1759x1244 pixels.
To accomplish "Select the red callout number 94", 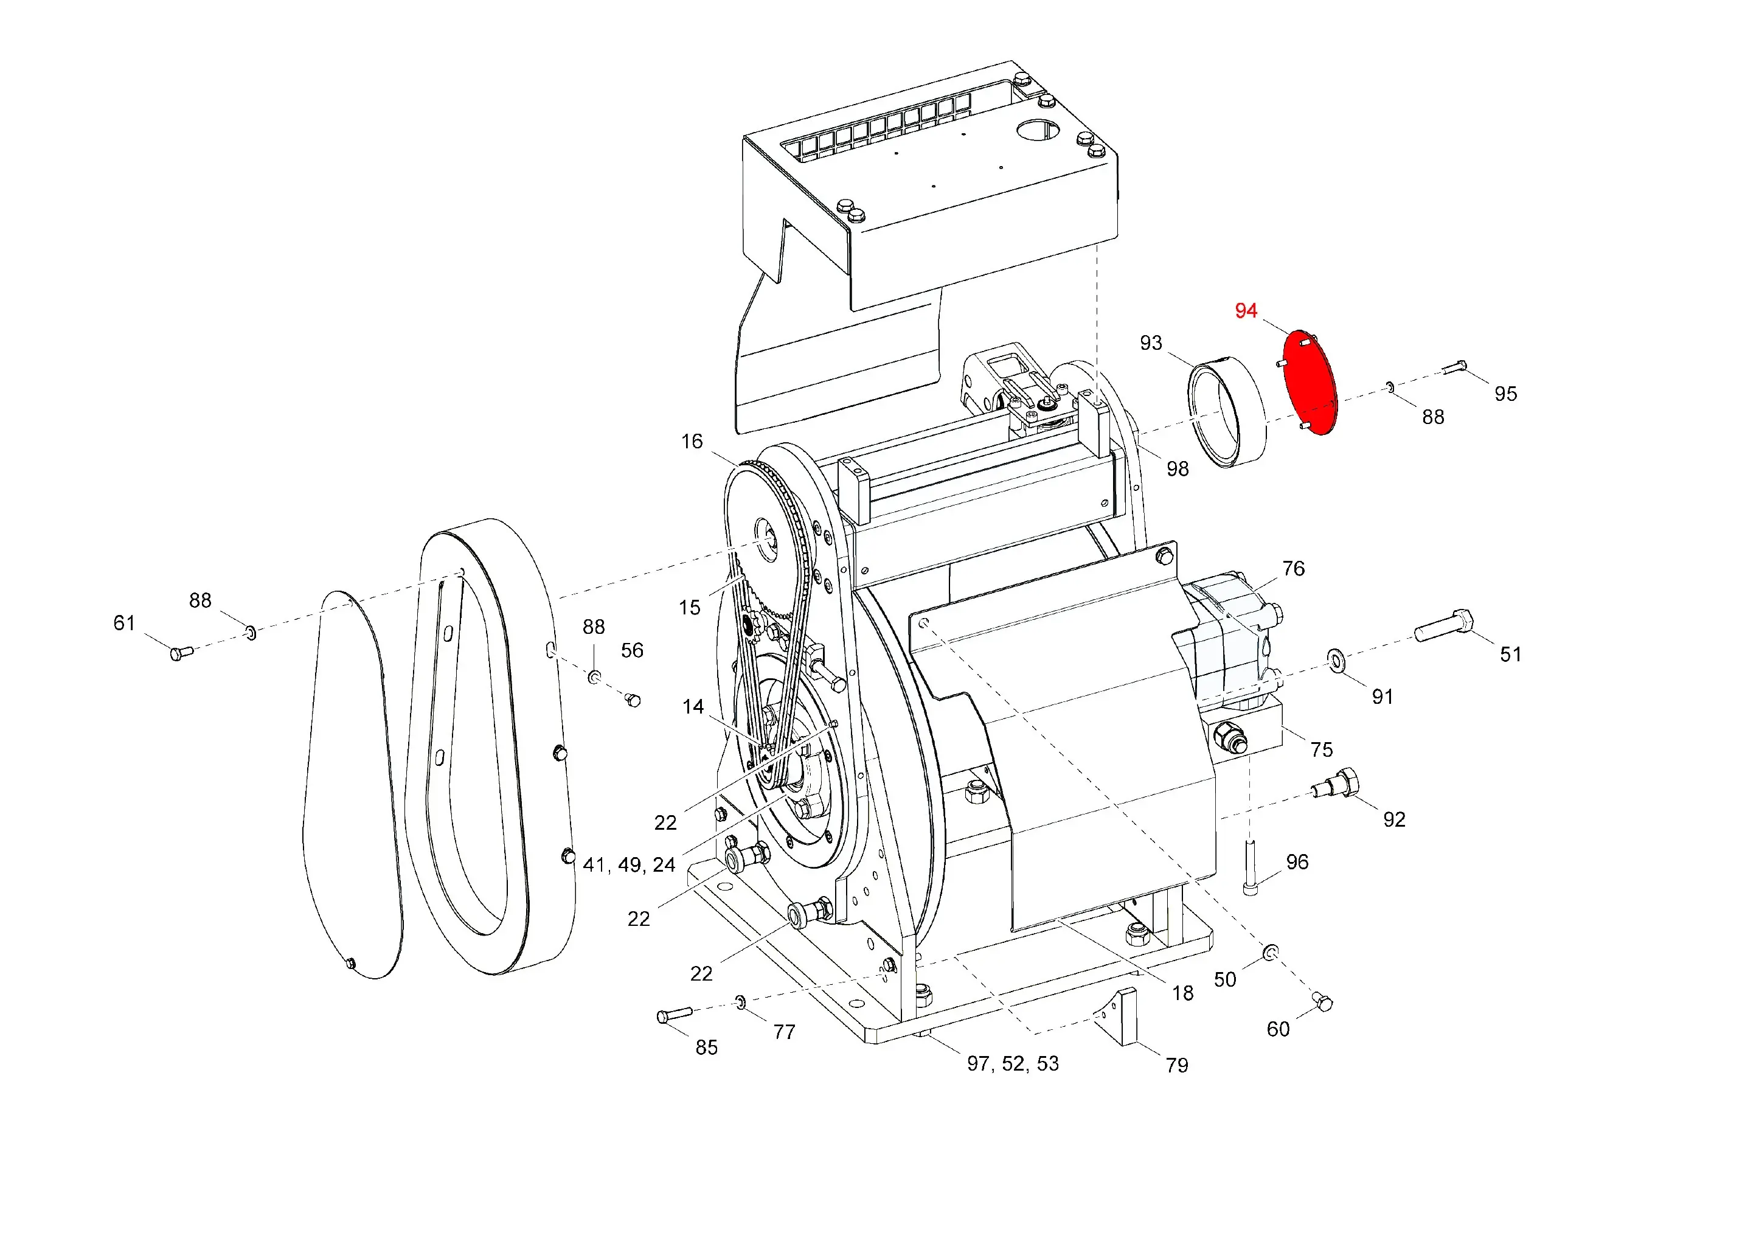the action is coord(1246,310).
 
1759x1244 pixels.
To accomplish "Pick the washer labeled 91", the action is coord(1336,659).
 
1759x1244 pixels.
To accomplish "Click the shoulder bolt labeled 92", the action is coord(1335,784).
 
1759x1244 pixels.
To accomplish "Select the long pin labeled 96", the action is coord(1251,867).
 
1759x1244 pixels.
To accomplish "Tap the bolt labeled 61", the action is coord(182,653).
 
